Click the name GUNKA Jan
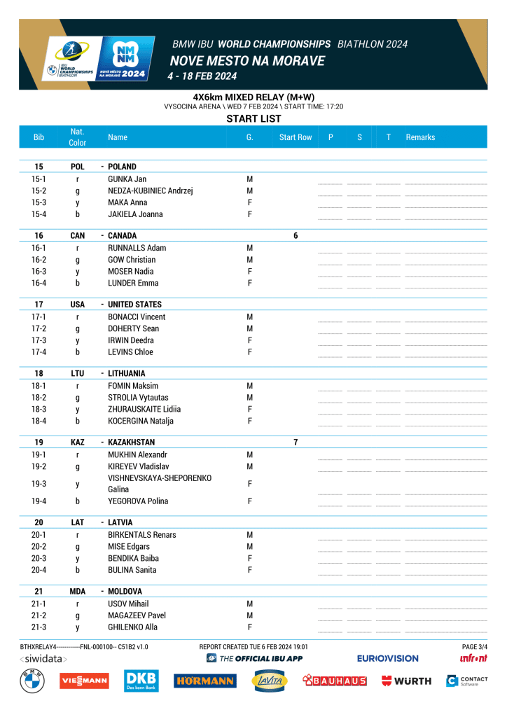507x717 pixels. (x=127, y=179)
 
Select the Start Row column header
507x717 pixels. (x=296, y=137)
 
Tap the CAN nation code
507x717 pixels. (x=77, y=236)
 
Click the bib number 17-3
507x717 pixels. (x=39, y=340)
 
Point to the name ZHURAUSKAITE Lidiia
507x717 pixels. (x=144, y=409)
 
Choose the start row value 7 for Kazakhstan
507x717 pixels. (x=296, y=443)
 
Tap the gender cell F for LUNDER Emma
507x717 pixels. (x=249, y=283)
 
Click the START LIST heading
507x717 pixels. (x=253, y=119)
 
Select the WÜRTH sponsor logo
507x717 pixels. (x=406, y=681)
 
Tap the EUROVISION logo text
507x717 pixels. (x=387, y=658)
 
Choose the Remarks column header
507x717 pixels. (x=420, y=137)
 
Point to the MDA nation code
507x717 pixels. (x=77, y=592)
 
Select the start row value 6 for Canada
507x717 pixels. (x=296, y=236)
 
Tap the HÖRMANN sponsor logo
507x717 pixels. (x=204, y=681)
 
